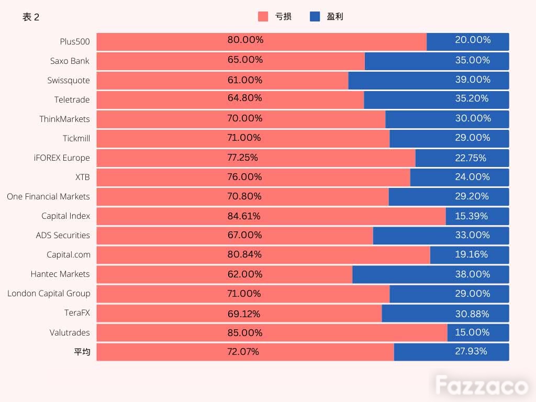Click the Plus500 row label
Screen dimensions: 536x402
tap(75, 42)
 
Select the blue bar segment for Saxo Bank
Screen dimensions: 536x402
tap(437, 61)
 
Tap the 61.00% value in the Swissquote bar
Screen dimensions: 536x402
tap(245, 80)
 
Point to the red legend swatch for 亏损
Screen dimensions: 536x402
tap(263, 16)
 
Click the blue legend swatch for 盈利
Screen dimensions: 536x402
tap(315, 16)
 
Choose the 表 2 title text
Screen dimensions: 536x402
tap(31, 17)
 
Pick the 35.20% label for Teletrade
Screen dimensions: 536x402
tap(472, 98)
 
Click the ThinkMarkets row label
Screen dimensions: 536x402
tap(64, 119)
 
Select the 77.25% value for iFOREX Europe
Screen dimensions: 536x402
tap(243, 158)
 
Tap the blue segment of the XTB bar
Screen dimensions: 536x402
tap(460, 177)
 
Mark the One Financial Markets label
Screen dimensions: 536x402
tap(48, 197)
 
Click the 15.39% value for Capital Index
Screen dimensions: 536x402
tap(472, 216)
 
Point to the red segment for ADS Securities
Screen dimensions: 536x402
tap(235, 236)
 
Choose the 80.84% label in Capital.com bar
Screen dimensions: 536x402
tap(244, 254)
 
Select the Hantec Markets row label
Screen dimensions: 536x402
tap(60, 274)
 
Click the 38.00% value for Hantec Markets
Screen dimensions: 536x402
tap(473, 274)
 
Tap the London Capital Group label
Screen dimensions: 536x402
tap(49, 294)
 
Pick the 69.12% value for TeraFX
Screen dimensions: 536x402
tap(244, 314)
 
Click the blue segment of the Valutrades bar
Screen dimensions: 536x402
tap(478, 332)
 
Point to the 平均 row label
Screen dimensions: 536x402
tap(82, 352)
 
